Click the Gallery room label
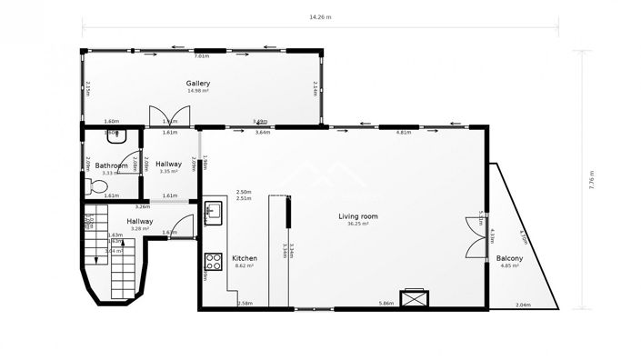pyautogui.click(x=198, y=83)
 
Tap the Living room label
pyautogui.click(x=357, y=215)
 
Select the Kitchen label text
pyautogui.click(x=244, y=257)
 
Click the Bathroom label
pyautogui.click(x=112, y=165)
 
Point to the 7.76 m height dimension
pyautogui.click(x=591, y=179)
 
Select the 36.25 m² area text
pyautogui.click(x=357, y=224)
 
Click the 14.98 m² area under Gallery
pyautogui.click(x=198, y=91)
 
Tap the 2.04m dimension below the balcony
pyautogui.click(x=523, y=305)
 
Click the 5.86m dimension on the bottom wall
pyautogui.click(x=387, y=304)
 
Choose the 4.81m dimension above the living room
pyautogui.click(x=404, y=133)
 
